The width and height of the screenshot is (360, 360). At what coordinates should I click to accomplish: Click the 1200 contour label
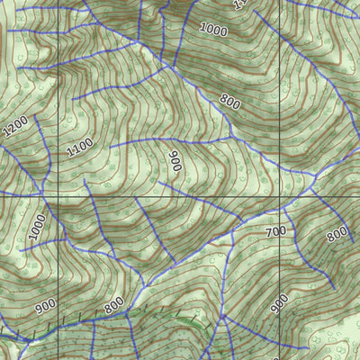15,127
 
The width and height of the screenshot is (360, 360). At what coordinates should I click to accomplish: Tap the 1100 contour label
79,147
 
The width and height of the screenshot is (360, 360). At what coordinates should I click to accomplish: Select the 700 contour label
275,231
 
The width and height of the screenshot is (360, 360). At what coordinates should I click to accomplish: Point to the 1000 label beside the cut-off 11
213,30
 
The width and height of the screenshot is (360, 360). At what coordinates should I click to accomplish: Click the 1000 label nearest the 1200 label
35,227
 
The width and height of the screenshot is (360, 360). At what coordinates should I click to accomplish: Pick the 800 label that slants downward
229,102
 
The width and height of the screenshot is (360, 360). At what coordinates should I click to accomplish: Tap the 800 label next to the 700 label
337,235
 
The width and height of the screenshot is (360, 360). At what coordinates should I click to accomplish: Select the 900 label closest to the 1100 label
175,161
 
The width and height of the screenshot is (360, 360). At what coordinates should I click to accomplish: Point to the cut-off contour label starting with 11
238,4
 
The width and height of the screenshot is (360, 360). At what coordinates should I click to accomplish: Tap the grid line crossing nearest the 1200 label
58,195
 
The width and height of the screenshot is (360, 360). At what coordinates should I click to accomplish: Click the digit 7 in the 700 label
269,233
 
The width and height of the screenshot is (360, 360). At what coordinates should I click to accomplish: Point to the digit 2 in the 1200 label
12,130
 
